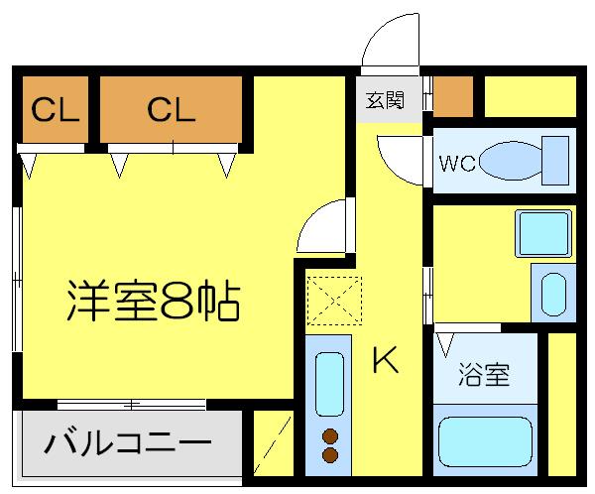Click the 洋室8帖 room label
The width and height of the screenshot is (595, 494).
pyautogui.click(x=154, y=301)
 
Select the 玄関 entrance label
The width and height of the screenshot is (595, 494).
pyautogui.click(x=385, y=101)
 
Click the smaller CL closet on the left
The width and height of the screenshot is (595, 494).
pyautogui.click(x=54, y=109)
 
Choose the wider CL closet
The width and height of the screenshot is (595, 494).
pyautogui.click(x=171, y=109)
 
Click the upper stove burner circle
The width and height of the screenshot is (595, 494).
pyautogui.click(x=329, y=433)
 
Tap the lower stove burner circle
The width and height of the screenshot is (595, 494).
pyautogui.click(x=329, y=454)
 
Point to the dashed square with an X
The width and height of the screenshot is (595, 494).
pyautogui.click(x=335, y=299)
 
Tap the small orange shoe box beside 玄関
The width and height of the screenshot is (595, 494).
pyautogui.click(x=453, y=95)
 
